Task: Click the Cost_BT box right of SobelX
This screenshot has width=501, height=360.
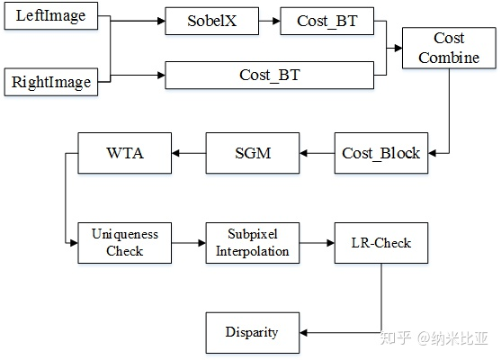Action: (327, 22)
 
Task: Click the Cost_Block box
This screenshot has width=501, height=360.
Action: (380, 153)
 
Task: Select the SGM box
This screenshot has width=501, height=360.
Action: (253, 153)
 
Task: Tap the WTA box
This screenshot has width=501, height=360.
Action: (124, 153)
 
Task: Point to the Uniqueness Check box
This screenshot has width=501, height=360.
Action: (124, 243)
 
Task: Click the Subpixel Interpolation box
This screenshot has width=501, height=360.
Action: (253, 243)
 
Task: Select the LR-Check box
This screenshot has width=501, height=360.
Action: (380, 243)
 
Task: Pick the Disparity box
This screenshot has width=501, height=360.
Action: (252, 332)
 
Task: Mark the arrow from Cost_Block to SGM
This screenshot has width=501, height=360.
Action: (316, 154)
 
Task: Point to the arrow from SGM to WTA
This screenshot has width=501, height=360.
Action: (188, 154)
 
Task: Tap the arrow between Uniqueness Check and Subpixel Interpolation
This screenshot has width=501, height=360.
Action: (188, 243)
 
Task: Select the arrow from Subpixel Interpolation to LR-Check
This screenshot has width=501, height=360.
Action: (317, 243)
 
